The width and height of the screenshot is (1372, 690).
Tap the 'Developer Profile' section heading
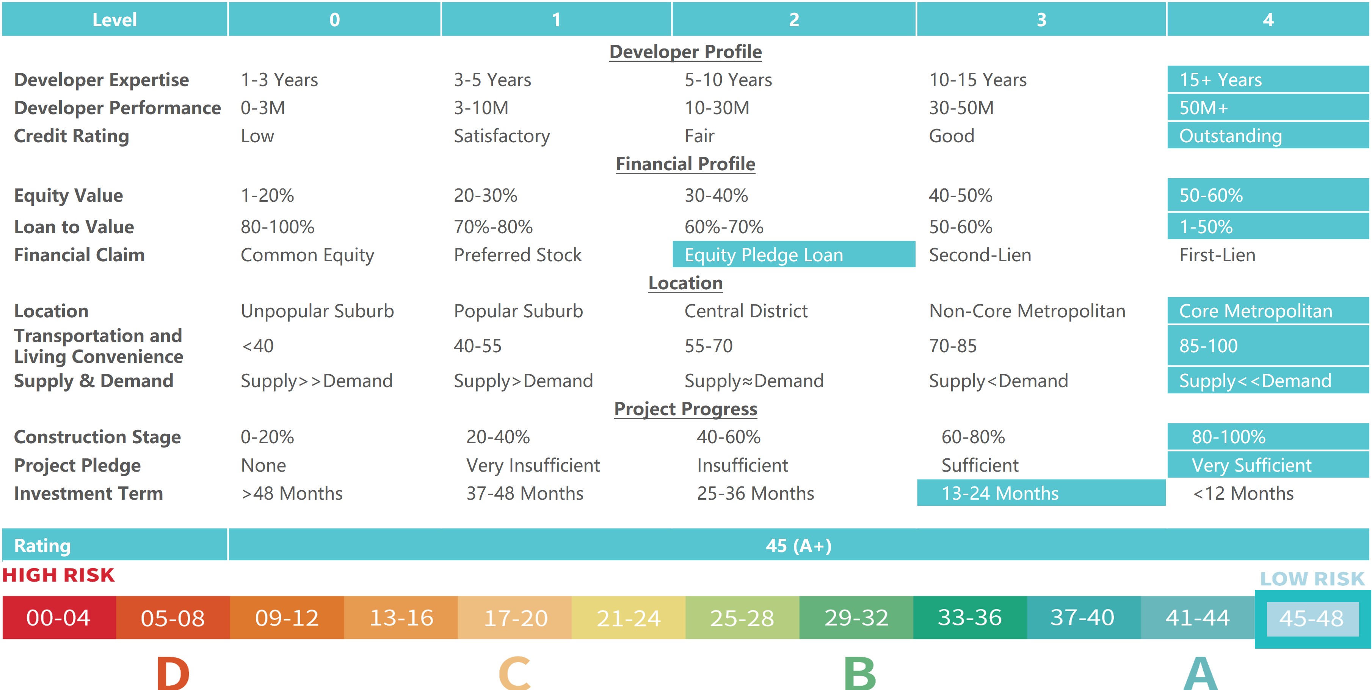(685, 52)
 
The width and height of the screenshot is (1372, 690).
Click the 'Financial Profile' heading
(685, 163)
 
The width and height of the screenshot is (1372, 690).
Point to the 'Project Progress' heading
(685, 409)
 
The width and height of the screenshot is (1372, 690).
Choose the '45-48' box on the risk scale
(1311, 618)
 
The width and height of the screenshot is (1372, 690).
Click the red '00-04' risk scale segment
(59, 618)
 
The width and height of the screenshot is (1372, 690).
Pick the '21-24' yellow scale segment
(629, 618)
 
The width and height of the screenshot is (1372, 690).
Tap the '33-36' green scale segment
(969, 618)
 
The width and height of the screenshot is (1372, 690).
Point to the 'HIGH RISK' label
(59, 575)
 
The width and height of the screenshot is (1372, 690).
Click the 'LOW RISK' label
(1312, 579)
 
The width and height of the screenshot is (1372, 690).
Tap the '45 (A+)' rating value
(798, 545)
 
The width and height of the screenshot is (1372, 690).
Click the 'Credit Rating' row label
(71, 136)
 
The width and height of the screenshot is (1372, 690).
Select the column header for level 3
(1041, 20)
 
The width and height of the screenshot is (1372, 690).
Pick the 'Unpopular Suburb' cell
(317, 310)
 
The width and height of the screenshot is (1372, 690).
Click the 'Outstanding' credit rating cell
(1230, 136)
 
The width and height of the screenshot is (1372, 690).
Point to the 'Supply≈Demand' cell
(754, 380)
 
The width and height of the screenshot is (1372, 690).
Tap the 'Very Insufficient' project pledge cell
(533, 465)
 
